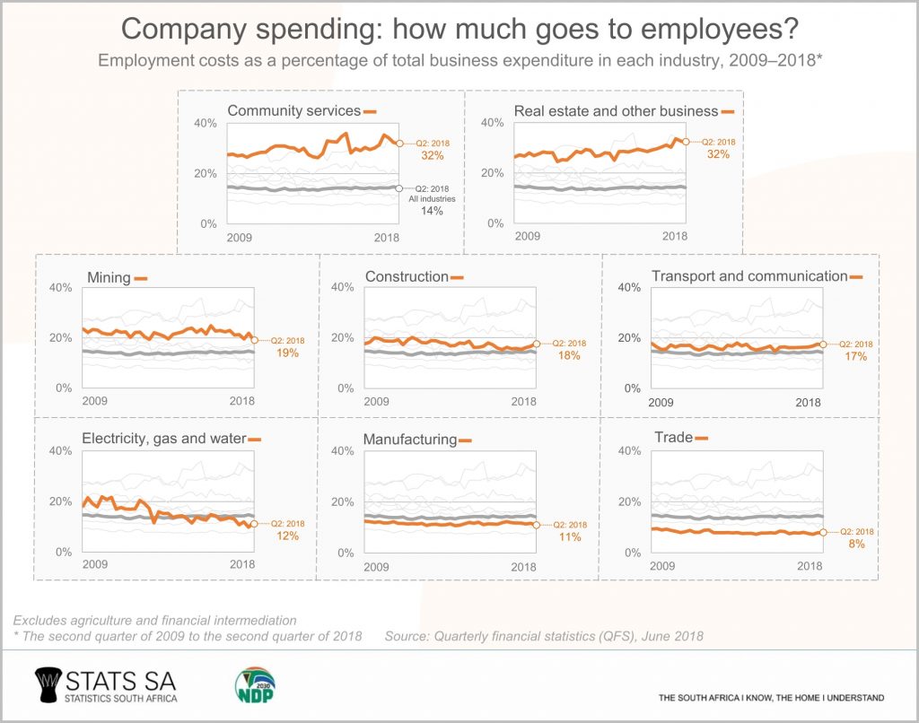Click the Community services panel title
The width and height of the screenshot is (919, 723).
(293, 111)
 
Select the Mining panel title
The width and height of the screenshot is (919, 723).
(109, 278)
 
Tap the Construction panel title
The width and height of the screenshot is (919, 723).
(406, 277)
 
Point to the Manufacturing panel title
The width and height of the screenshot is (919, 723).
(409, 440)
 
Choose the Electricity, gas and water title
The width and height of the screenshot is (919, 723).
(163, 439)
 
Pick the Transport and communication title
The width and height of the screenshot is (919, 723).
(748, 276)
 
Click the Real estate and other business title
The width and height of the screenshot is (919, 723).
(616, 111)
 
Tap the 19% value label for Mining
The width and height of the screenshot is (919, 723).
(287, 353)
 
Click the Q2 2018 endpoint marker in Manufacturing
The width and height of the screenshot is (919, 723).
(537, 525)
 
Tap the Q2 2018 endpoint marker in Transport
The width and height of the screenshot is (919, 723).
(823, 344)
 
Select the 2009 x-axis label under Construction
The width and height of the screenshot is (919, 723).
(377, 401)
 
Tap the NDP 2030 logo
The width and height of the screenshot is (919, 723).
(253, 687)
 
